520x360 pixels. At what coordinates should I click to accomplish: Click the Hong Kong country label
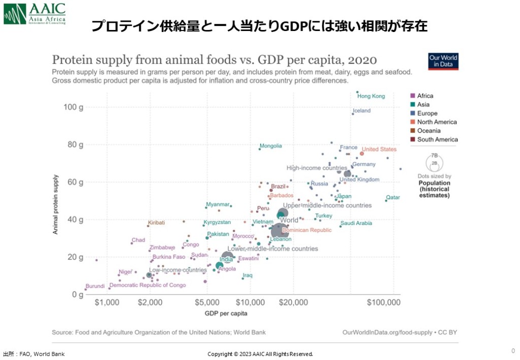pos(371,96)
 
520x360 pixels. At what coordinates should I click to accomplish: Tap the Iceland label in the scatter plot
pos(362,111)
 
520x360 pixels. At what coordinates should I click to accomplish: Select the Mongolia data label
pos(271,146)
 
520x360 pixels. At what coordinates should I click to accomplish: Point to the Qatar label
pos(393,198)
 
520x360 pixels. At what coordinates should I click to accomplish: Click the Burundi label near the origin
pos(95,286)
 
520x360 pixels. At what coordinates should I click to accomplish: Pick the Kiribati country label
pos(156,223)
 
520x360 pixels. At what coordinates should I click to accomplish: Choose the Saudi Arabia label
pos(356,223)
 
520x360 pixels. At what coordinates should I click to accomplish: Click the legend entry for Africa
pos(425,96)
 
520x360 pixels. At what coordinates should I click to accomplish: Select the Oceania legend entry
pos(429,130)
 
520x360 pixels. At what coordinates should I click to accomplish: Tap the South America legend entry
pos(437,140)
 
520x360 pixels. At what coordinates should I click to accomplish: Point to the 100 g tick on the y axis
pos(73,107)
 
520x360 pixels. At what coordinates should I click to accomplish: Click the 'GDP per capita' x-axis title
pos(226,313)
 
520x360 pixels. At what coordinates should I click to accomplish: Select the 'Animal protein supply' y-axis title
pos(56,204)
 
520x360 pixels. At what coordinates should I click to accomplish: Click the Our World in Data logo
pos(443,61)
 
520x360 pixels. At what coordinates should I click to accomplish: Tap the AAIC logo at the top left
pos(34,13)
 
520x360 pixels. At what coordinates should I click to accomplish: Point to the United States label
pos(379,150)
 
